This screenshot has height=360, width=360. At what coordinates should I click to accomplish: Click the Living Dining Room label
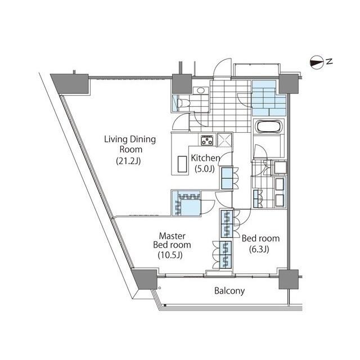tap(130, 144)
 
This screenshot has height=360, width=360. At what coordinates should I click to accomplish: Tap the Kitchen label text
tap(205, 158)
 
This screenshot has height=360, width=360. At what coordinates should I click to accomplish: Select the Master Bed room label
tap(172, 240)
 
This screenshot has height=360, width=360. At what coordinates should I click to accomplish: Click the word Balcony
tap(229, 291)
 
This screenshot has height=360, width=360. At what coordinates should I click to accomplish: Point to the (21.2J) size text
tap(128, 161)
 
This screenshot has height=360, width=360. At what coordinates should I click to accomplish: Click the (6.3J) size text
tap(259, 249)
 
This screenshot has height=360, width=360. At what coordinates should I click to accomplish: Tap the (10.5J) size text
tap(170, 255)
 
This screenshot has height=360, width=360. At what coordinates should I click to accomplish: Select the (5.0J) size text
tap(205, 169)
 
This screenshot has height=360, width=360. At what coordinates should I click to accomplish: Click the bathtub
tap(268, 126)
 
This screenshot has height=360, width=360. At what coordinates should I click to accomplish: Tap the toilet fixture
tap(183, 102)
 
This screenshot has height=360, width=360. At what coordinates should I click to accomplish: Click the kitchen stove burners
tap(207, 140)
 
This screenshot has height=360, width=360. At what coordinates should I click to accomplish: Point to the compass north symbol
tap(317, 62)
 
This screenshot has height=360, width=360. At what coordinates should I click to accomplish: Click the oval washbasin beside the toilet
tap(201, 90)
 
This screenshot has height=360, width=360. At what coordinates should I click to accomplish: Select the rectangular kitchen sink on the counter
tap(182, 164)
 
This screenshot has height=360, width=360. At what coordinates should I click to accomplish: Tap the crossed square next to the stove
tap(224, 139)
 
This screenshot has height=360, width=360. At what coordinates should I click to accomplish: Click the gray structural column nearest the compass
tap(289, 84)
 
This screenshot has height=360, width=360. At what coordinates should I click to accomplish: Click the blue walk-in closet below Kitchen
tap(186, 203)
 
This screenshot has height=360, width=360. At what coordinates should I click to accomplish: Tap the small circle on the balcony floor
tap(160, 287)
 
